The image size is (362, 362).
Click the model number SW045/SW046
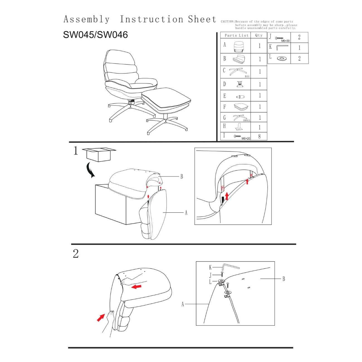pos(95,35)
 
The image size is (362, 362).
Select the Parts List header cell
pos(236,35)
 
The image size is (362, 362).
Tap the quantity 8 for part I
pos(259,136)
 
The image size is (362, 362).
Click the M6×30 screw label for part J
pos(285,41)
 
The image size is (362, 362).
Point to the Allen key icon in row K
pos(282,47)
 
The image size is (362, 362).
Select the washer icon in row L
pos(282,58)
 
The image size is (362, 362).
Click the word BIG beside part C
pos(247,76)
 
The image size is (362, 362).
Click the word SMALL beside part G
pos(246,120)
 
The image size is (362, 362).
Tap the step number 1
pos(76,151)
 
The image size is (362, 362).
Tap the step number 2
pos(76,253)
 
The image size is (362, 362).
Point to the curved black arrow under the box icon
pos(91,170)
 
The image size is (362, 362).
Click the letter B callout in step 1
pos(182,177)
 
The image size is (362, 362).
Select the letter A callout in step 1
pos(186,213)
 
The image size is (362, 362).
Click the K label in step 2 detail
pos(210,268)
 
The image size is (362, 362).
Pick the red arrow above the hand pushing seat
pos(136,286)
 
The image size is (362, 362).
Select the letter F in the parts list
pos(224,107)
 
